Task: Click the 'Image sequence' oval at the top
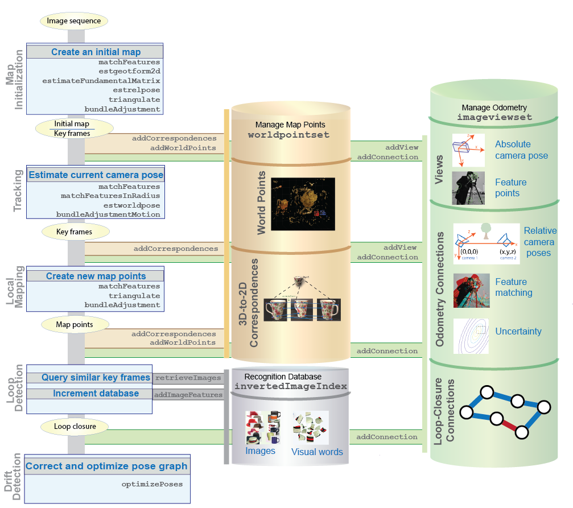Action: (74, 21)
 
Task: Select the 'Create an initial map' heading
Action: (96, 52)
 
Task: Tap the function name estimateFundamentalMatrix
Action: (101, 81)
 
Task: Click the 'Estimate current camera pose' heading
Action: (96, 175)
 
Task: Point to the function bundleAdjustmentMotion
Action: (108, 214)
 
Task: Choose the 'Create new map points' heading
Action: (96, 276)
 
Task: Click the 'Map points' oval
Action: (74, 324)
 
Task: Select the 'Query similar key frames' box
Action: (96, 378)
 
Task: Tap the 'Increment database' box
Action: (96, 394)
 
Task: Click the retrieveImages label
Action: (188, 378)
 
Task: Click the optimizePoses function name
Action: (152, 485)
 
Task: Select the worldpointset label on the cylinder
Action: (288, 135)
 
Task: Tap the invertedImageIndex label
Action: (291, 386)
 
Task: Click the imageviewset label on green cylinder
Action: (494, 117)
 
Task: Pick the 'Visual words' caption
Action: (317, 452)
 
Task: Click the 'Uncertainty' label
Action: (518, 331)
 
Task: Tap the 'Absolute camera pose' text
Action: (521, 150)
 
